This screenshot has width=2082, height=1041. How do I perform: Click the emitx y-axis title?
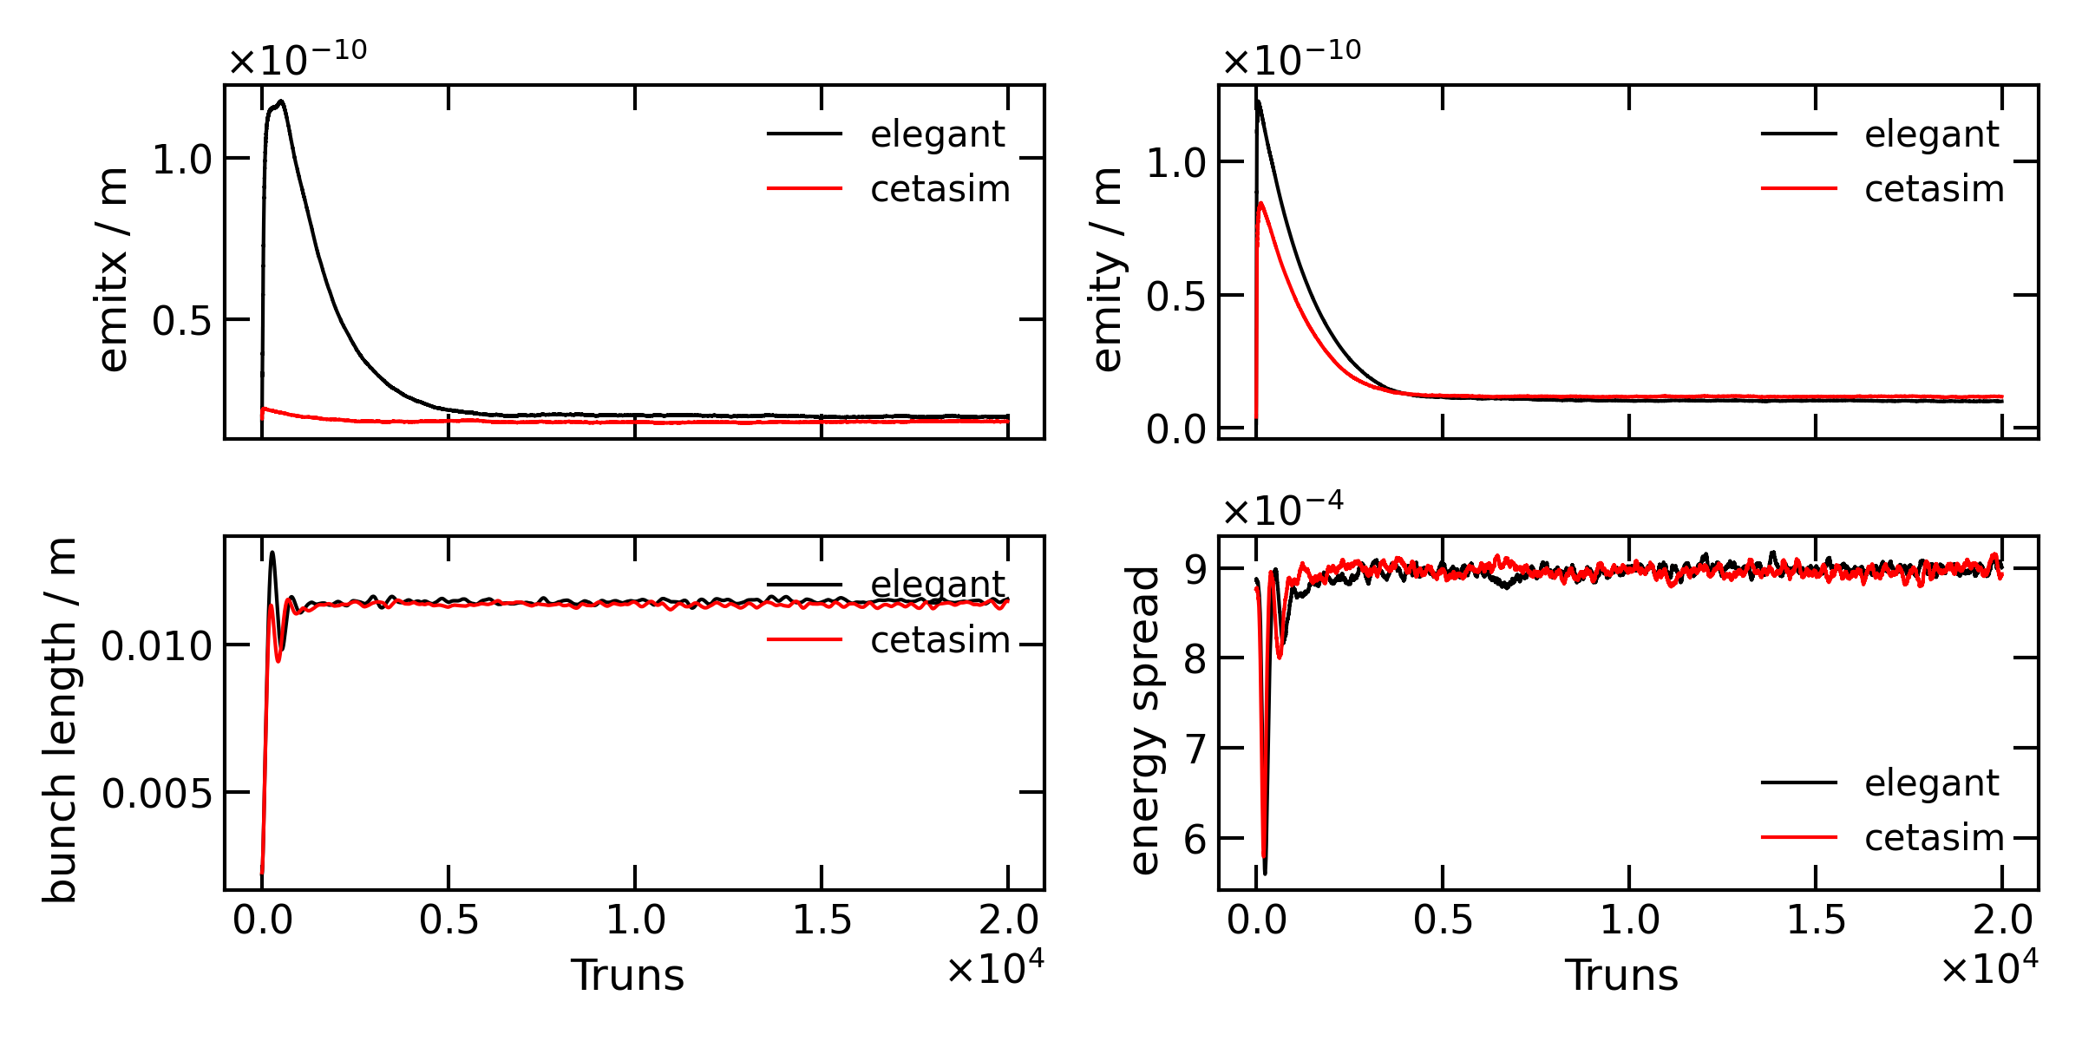113,270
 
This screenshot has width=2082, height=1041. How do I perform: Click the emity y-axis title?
1107,270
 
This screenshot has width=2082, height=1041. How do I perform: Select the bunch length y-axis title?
60,720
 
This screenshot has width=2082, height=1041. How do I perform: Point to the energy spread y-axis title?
1145,720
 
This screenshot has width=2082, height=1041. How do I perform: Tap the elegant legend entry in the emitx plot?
937,134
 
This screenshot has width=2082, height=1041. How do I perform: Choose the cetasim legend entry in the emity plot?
1934,189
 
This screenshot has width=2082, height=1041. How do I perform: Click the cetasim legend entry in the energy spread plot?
1934,838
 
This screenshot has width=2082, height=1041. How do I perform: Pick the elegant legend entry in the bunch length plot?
937,585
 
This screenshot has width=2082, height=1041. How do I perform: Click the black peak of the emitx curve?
281,102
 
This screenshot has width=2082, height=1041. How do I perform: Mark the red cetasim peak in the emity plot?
1260,204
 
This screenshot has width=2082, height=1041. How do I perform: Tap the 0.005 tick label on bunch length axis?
156,793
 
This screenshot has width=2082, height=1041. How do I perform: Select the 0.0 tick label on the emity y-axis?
1175,429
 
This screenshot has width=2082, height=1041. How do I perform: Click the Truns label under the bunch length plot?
627,976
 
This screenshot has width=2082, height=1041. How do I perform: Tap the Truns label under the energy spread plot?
1621,976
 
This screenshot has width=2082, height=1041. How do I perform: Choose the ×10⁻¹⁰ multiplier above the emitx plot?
298,58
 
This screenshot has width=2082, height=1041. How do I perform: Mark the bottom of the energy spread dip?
1265,871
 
